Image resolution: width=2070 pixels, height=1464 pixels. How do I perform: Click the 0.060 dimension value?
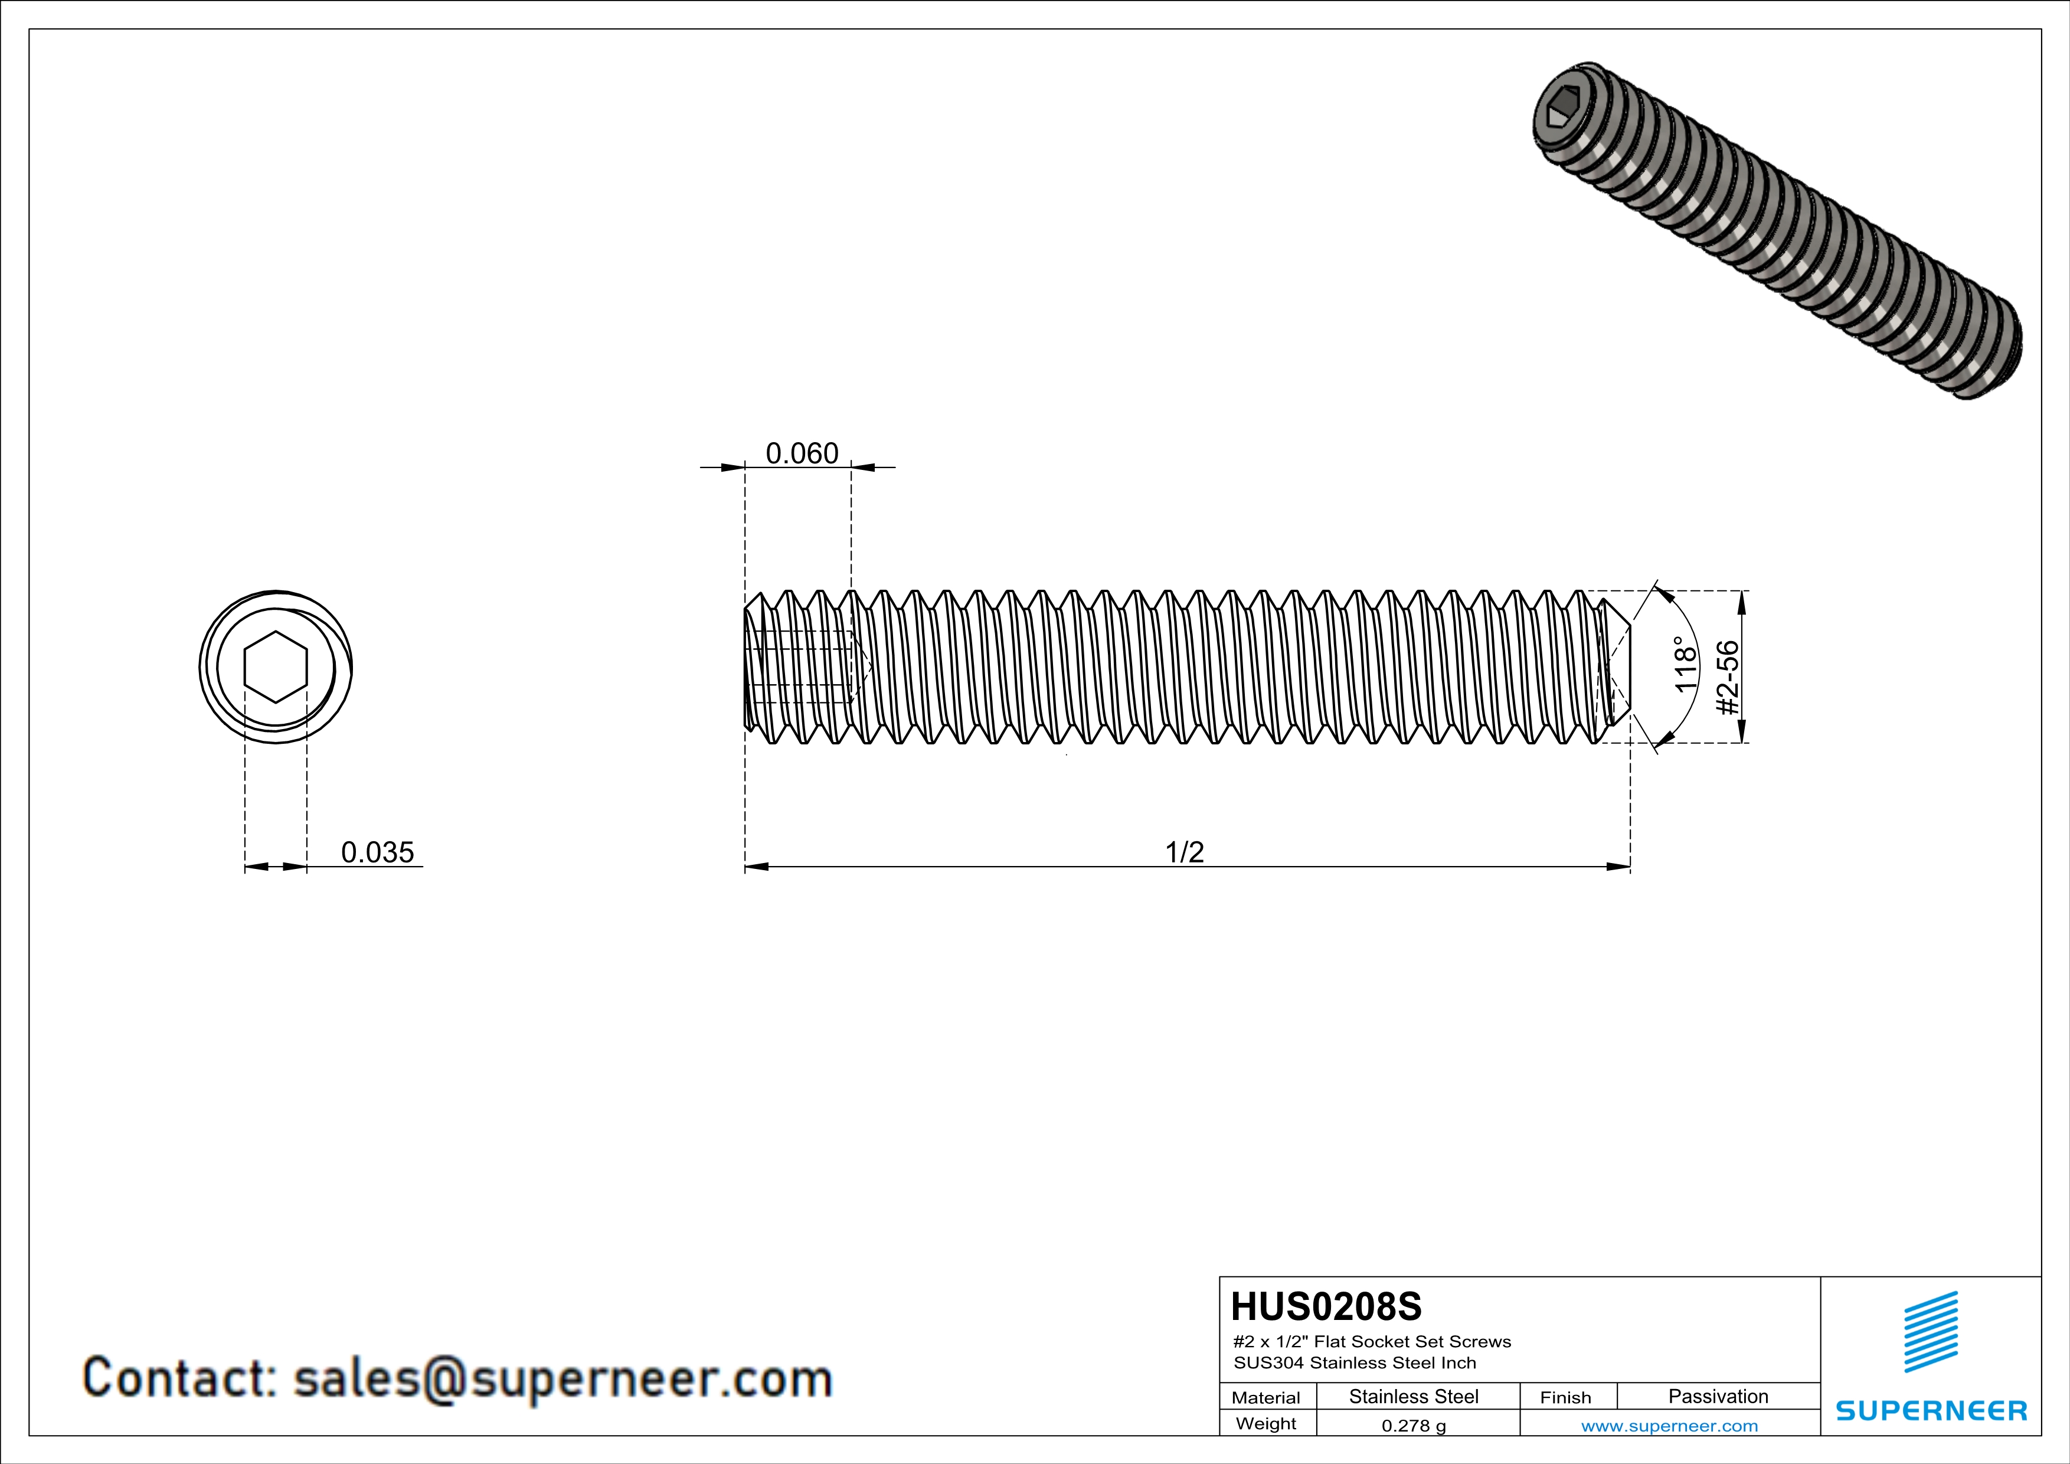coord(802,453)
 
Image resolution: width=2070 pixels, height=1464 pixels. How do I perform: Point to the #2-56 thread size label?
coord(1726,678)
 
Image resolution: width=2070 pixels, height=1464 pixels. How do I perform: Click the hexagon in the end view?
coord(276,667)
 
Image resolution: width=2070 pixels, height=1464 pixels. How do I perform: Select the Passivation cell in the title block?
coord(1718,1396)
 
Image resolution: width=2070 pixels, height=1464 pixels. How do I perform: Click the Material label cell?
coord(1266,1397)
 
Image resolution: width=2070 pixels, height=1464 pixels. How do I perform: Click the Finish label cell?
coord(1565,1397)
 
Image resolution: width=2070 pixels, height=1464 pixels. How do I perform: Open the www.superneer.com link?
coord(1669,1425)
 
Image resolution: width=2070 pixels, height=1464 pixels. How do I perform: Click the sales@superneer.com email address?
coord(563,1379)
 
